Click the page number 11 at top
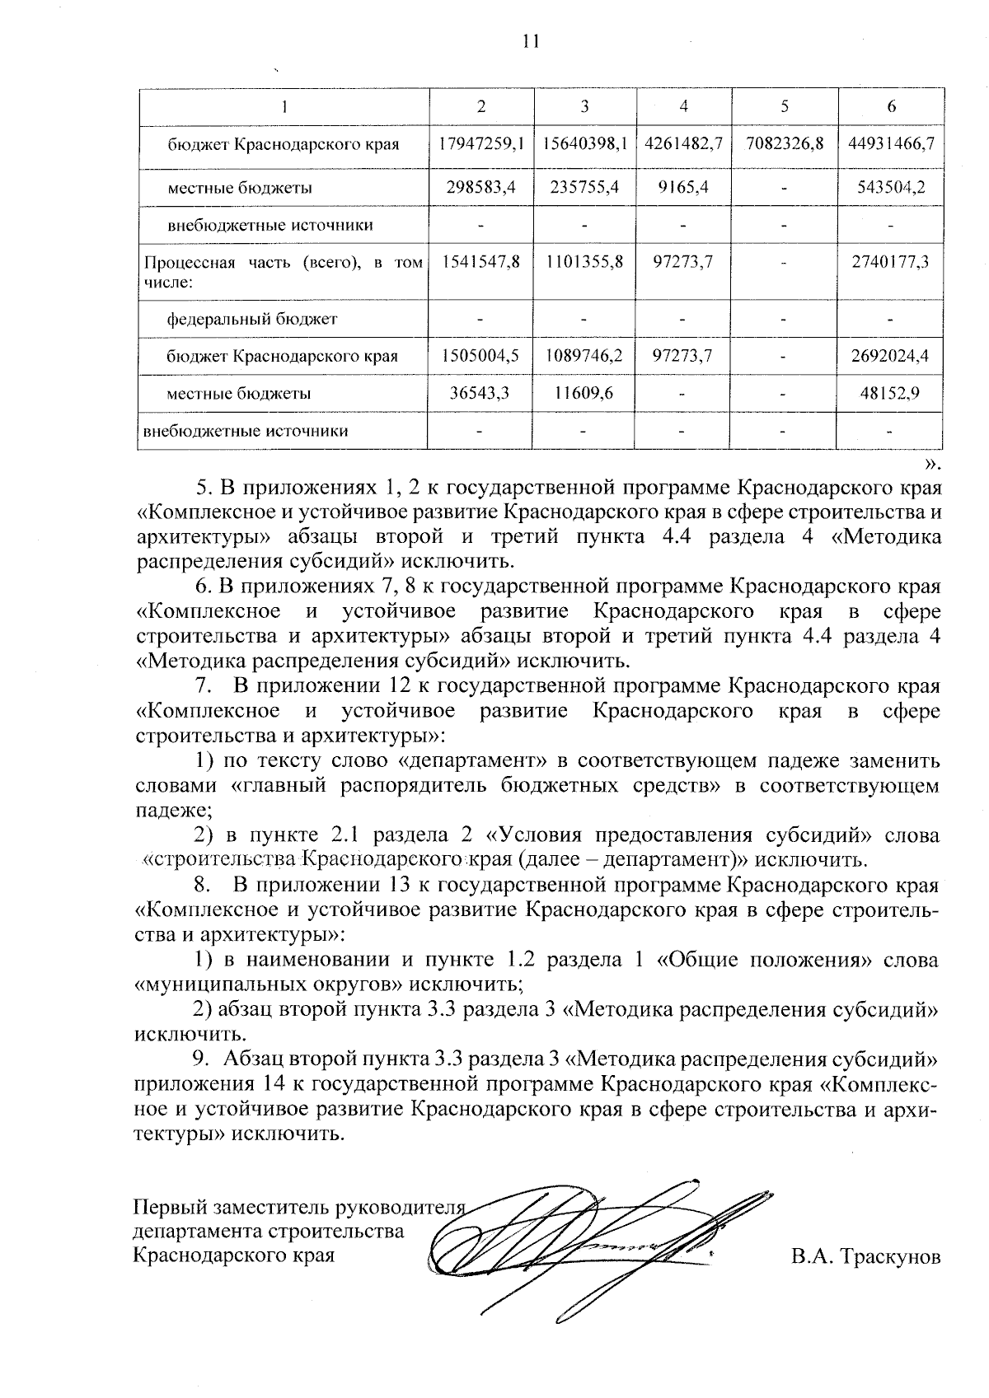point(530,40)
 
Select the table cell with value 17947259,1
point(480,143)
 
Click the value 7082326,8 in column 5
point(785,143)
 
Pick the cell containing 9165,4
point(684,187)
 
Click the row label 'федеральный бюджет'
point(251,318)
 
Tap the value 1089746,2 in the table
point(584,356)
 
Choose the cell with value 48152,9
point(889,394)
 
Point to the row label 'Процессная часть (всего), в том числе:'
point(283,272)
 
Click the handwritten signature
point(577,1244)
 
